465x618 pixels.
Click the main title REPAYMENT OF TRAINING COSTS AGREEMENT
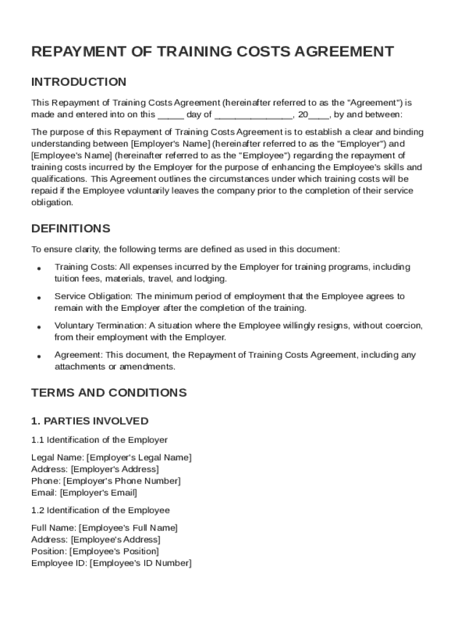[213, 52]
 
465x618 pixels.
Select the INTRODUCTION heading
[79, 82]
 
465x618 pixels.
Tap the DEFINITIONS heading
[71, 229]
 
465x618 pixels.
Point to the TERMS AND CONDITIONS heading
[109, 393]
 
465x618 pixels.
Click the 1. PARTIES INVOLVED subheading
[89, 421]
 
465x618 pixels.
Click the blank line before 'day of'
[170, 115]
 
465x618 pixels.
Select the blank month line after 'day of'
[254, 115]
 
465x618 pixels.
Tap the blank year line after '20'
[319, 115]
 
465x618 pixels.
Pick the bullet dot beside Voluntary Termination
[39, 327]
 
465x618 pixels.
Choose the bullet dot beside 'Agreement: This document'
[39, 357]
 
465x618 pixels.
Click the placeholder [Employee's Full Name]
[129, 528]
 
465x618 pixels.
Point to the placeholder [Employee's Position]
[114, 552]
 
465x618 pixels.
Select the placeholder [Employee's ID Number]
[140, 564]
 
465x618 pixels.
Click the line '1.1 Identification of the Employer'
[99, 440]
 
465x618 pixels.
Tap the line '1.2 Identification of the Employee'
[100, 511]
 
